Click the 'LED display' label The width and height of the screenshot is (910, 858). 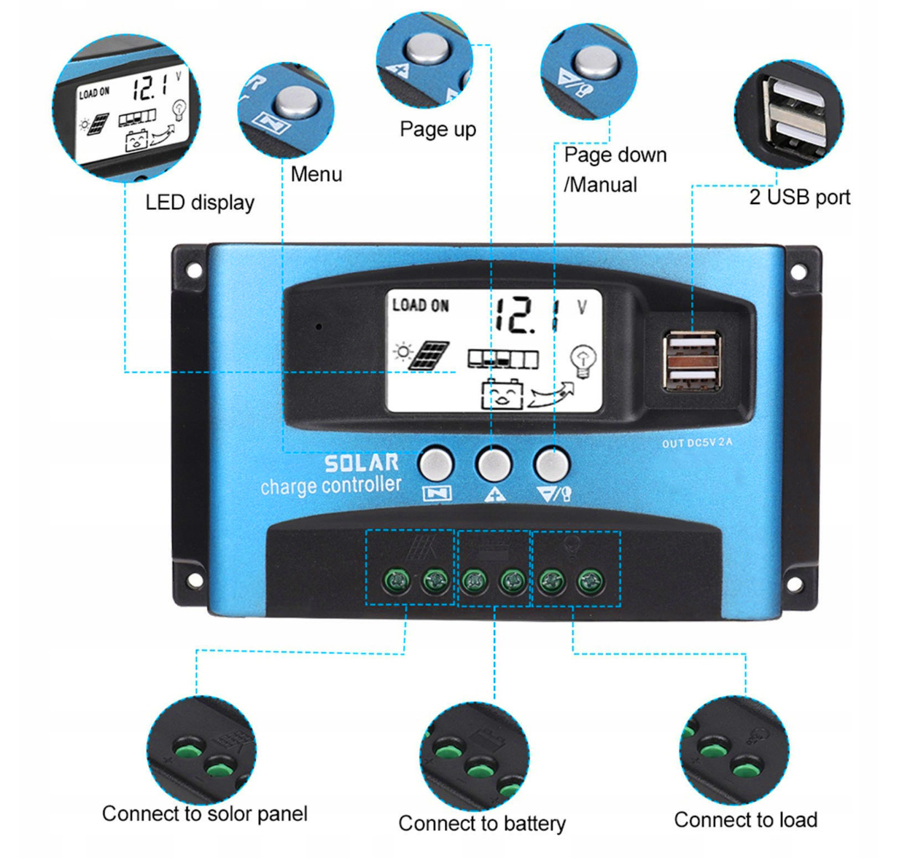(x=200, y=202)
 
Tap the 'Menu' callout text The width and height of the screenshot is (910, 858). (x=316, y=174)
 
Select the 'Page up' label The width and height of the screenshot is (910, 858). (x=437, y=130)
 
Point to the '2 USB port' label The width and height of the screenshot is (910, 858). (x=799, y=197)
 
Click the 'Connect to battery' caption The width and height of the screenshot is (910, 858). (x=481, y=823)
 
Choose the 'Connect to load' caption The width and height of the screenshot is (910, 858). (x=745, y=819)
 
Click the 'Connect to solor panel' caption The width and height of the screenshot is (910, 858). (x=204, y=814)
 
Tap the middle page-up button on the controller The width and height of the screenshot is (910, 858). (x=494, y=463)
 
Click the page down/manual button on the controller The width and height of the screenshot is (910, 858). (x=551, y=463)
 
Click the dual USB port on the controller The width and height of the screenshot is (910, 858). (x=691, y=361)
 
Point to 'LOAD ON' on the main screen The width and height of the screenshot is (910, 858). (x=420, y=305)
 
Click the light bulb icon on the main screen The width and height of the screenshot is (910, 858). (x=583, y=359)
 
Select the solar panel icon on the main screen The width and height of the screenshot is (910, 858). (x=429, y=355)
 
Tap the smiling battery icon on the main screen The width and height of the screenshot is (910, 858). (x=502, y=394)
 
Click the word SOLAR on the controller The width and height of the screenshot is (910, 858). (x=362, y=463)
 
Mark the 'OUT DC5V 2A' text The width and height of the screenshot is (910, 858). (x=697, y=443)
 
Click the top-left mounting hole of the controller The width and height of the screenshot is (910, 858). (x=194, y=270)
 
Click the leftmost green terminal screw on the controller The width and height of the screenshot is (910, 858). (x=397, y=581)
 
